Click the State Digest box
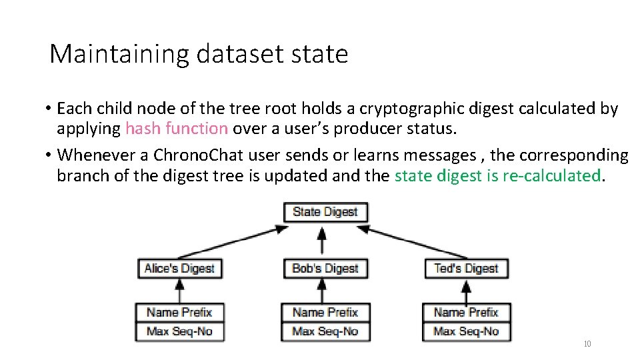click(325, 212)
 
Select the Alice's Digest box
click(179, 269)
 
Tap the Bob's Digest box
click(325, 269)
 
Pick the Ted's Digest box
click(466, 269)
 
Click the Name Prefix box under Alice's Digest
click(179, 312)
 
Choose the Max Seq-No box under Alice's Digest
click(179, 331)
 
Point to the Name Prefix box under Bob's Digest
click(325, 312)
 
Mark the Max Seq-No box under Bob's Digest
click(325, 331)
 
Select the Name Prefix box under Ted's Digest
click(466, 312)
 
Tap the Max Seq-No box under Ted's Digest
click(466, 331)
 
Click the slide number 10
click(587, 344)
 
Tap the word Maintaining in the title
click(119, 54)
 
